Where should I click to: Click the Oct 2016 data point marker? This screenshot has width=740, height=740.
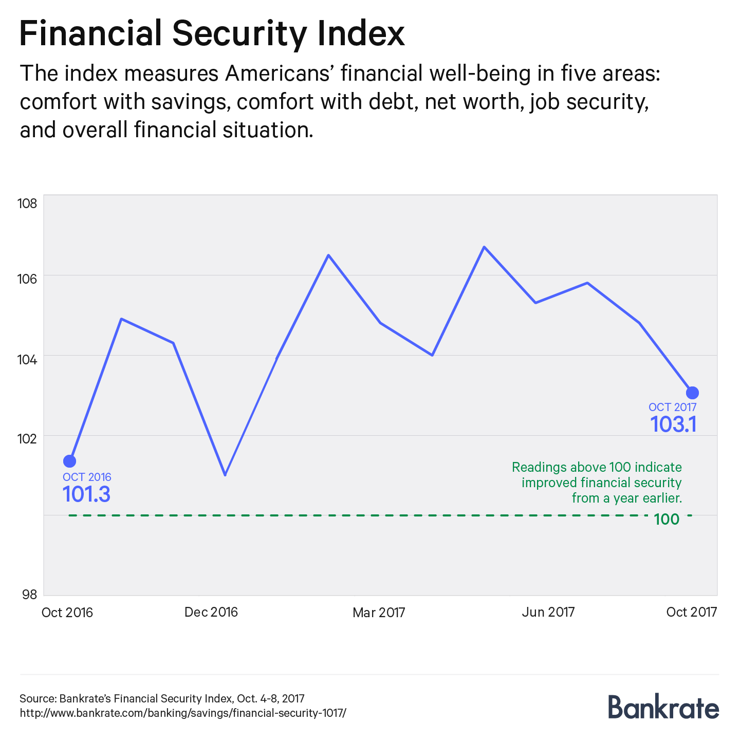click(69, 461)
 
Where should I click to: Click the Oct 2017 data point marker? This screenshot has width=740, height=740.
click(692, 393)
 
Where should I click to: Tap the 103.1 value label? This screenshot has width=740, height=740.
click(673, 425)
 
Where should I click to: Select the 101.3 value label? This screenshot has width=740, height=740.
click(86, 494)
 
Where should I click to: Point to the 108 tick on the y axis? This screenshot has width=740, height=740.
click(28, 203)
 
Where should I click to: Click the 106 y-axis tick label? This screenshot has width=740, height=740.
click(28, 279)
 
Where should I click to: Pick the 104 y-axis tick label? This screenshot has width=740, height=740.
click(28, 359)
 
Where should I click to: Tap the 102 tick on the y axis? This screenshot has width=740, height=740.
click(28, 439)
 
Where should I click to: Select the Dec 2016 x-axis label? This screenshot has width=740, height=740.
click(211, 612)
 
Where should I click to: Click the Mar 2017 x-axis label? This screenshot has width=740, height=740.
click(379, 613)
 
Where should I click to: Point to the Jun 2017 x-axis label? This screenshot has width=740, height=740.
click(548, 612)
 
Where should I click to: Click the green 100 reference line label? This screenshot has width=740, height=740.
click(667, 520)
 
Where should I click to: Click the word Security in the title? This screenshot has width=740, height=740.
click(240, 34)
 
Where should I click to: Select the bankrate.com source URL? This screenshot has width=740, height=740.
click(183, 713)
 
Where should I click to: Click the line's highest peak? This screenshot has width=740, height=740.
click(484, 247)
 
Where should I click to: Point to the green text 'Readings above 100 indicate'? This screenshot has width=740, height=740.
click(597, 467)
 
